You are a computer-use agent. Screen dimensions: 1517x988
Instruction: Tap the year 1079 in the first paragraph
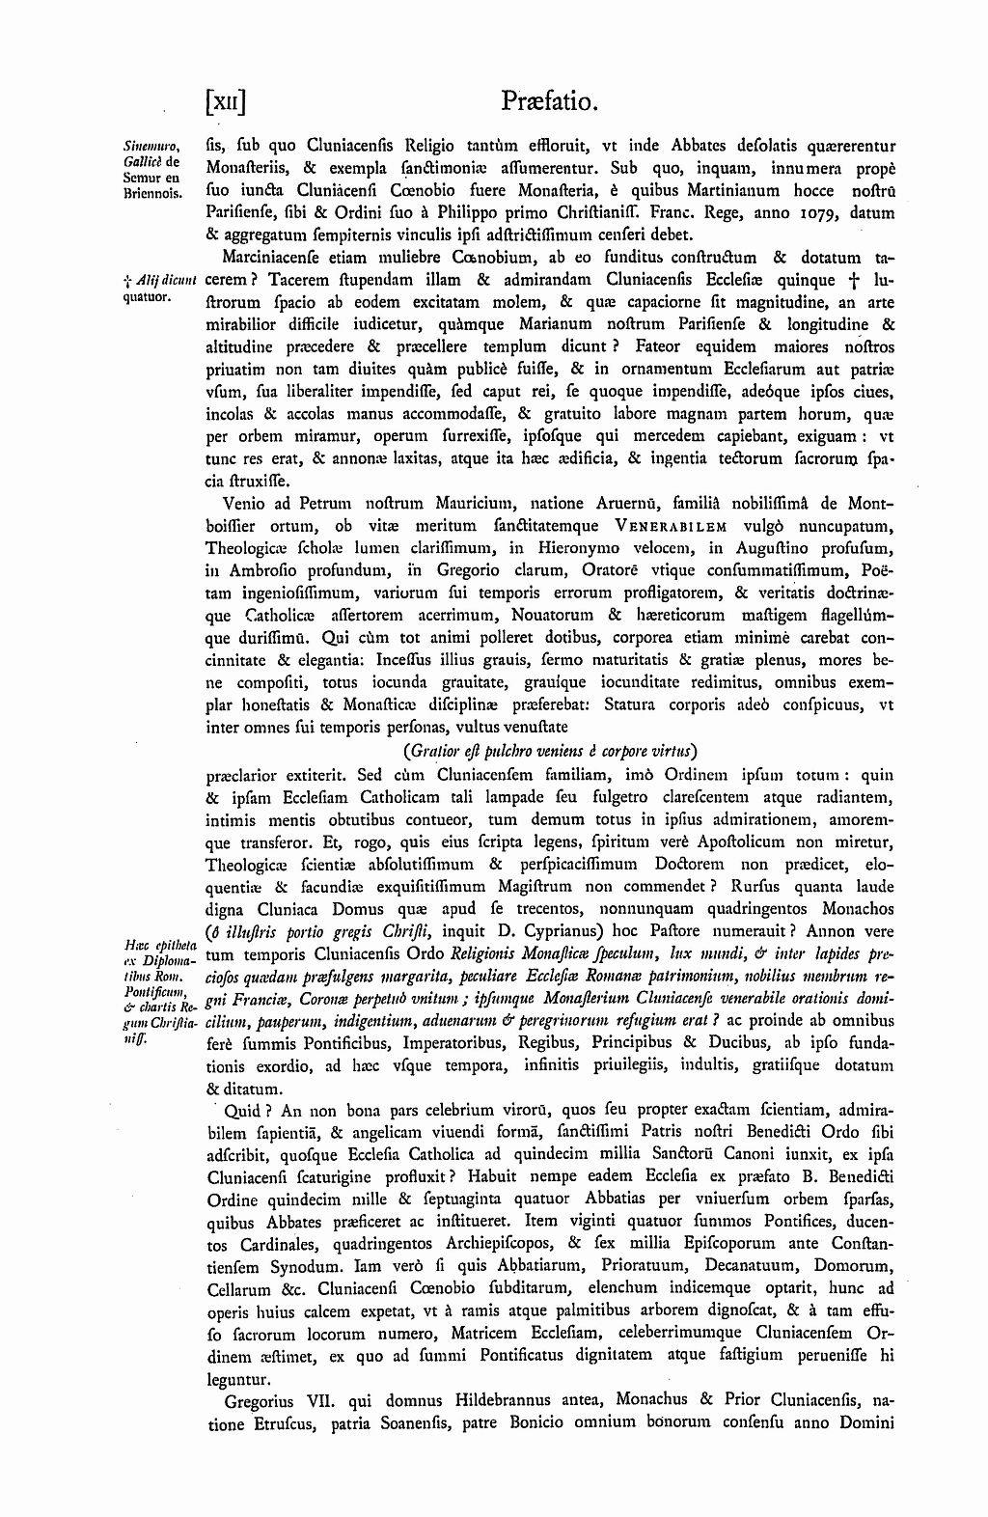[822, 212]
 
